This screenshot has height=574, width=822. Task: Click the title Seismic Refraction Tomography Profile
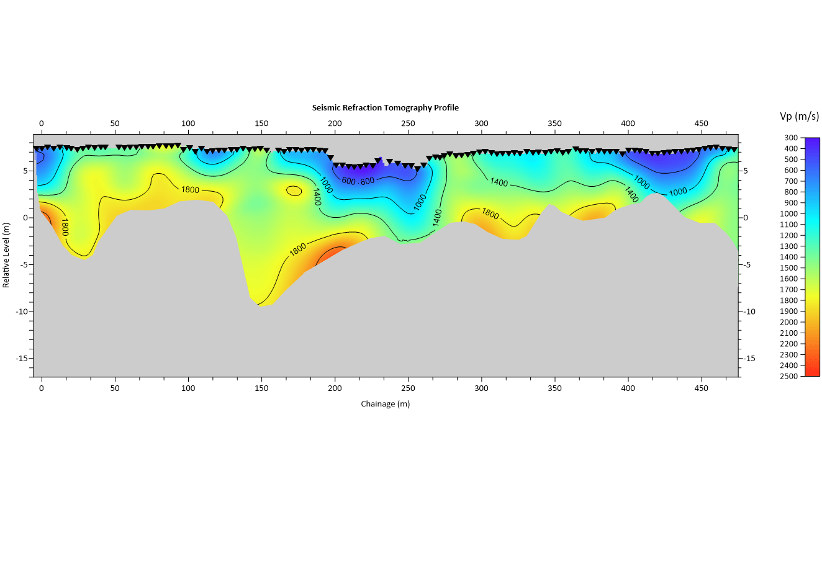385,107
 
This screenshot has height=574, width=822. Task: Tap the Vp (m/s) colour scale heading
799,116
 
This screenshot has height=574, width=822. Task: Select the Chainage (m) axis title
385,404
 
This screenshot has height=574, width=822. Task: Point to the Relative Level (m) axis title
6,255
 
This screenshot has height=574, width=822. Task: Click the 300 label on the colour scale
791,138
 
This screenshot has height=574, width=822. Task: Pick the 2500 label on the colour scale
789,377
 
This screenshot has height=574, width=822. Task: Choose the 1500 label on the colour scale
789,268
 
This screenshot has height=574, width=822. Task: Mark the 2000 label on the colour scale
789,322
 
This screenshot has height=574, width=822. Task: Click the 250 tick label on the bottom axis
408,388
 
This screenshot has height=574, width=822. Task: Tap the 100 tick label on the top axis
188,123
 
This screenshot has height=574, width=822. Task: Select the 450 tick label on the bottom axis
701,388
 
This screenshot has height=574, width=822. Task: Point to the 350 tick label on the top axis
554,123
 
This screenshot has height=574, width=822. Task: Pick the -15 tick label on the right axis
749,359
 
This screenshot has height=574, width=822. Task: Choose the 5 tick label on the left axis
25,171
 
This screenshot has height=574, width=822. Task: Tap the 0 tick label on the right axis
746,218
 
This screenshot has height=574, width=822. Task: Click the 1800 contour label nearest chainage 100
190,190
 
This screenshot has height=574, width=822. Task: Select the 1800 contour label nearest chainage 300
490,213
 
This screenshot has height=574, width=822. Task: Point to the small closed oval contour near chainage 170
294,191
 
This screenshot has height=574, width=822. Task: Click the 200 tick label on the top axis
335,123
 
